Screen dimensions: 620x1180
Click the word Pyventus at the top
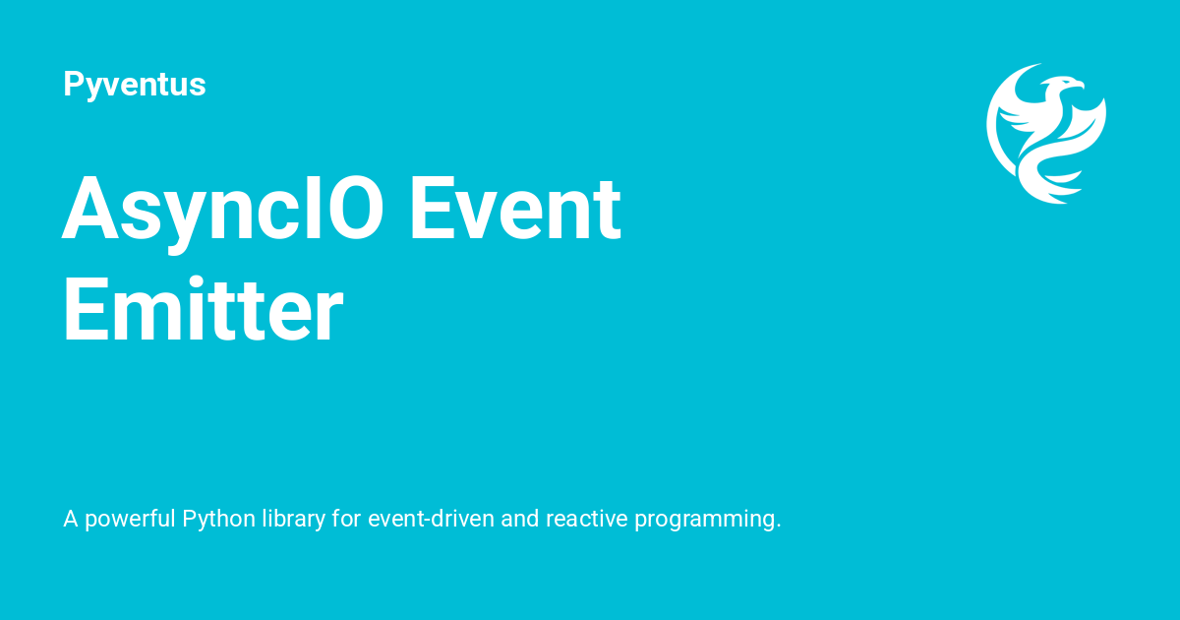134,85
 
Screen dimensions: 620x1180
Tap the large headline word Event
514,210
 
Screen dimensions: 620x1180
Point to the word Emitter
204,311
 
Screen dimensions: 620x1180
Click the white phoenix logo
1046,133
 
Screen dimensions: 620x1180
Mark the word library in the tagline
293,519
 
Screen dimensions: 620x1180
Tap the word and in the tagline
519,519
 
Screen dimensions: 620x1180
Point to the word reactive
587,519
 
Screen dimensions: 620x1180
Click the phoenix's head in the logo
1064,86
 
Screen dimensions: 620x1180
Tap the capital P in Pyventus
72,85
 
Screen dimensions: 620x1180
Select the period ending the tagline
778,526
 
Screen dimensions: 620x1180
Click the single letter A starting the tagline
70,519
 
